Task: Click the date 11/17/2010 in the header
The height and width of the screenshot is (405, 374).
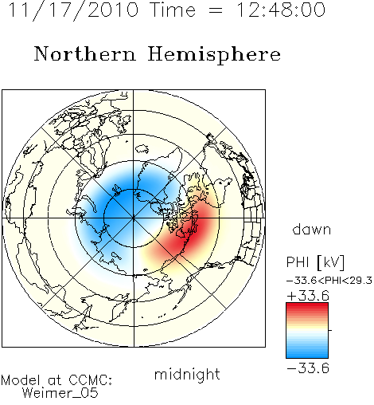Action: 73,10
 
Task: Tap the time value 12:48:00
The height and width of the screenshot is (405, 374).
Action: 281,10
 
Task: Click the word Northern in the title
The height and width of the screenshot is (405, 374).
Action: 85,53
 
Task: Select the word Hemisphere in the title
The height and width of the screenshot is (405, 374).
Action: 214,55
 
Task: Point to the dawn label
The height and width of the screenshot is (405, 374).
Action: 311,230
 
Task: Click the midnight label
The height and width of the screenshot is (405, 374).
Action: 187,375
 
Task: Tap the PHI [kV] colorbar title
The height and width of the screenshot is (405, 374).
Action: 315,262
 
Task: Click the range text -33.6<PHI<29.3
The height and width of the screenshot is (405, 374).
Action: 329,281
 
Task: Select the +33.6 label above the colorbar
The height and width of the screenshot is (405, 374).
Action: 308,296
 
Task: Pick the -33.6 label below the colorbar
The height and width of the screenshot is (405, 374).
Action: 308,368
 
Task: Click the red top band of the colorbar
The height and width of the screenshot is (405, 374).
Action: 307,306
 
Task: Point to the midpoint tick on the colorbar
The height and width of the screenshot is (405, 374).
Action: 330,330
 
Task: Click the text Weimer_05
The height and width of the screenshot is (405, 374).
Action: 60,393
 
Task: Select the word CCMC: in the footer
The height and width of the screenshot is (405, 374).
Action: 91,380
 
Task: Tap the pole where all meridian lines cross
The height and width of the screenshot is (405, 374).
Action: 134,218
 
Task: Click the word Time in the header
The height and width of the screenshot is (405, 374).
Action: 173,10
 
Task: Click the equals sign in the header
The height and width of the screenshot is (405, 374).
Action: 216,10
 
